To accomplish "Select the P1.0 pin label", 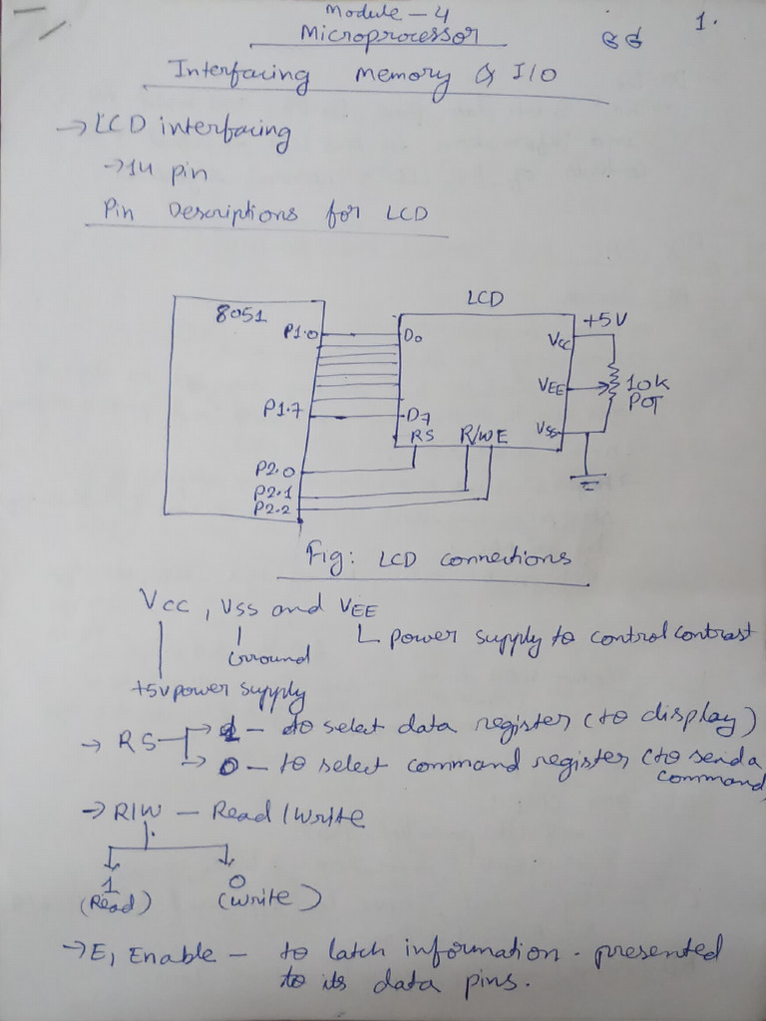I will click(299, 331).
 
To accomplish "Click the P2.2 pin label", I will click(272, 508).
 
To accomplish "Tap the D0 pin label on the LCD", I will click(413, 337).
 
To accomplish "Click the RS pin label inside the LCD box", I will click(423, 436).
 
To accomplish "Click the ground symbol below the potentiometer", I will click(587, 485).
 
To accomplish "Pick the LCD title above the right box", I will click(485, 298).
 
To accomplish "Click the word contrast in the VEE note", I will click(714, 636).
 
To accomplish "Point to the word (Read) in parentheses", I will click(114, 902).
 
